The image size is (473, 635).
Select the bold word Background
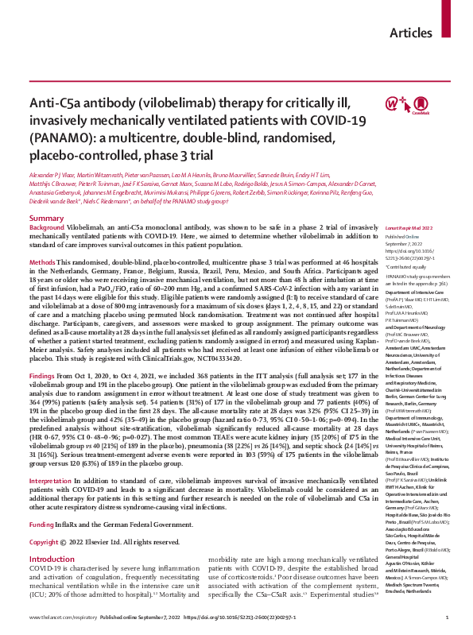46,205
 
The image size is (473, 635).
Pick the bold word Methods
42,239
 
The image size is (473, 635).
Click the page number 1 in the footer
448,618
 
